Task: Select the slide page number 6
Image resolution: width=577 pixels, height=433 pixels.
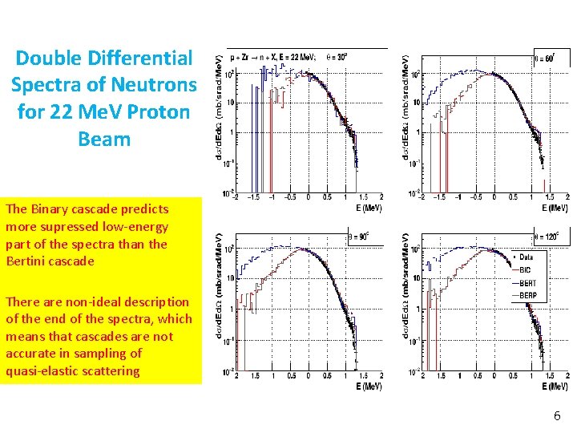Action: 556,416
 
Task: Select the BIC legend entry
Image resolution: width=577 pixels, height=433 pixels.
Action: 525,270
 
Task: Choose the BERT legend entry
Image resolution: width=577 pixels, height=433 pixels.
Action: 527,283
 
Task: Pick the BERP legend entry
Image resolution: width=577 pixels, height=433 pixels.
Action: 527,296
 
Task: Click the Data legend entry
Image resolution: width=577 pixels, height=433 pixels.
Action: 526,257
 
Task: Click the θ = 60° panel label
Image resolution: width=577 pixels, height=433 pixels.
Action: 547,58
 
